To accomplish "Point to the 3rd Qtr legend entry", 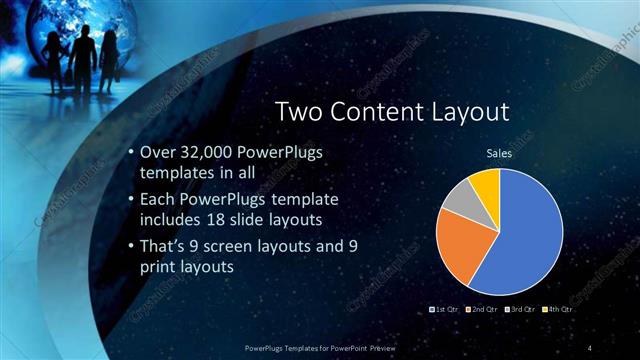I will tap(521, 311).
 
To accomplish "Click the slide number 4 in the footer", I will tap(592, 347).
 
